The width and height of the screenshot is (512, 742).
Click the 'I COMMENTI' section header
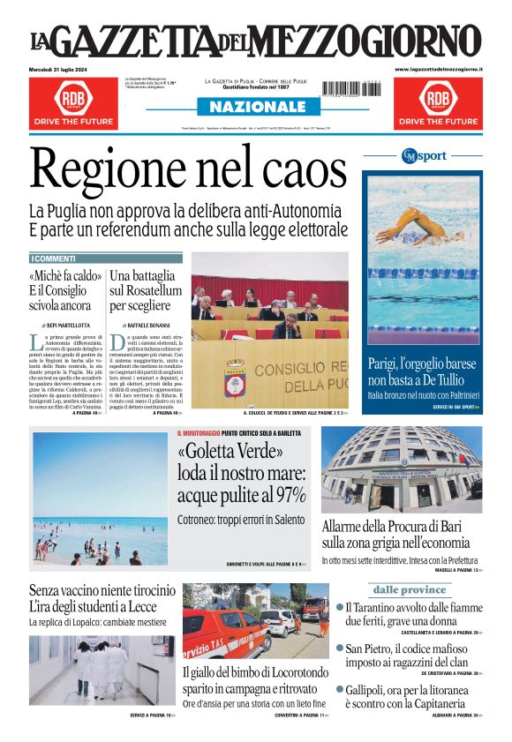[55, 259]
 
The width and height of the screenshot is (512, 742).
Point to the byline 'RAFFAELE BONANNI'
[147, 326]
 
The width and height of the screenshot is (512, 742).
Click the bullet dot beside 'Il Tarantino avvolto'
[341, 607]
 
